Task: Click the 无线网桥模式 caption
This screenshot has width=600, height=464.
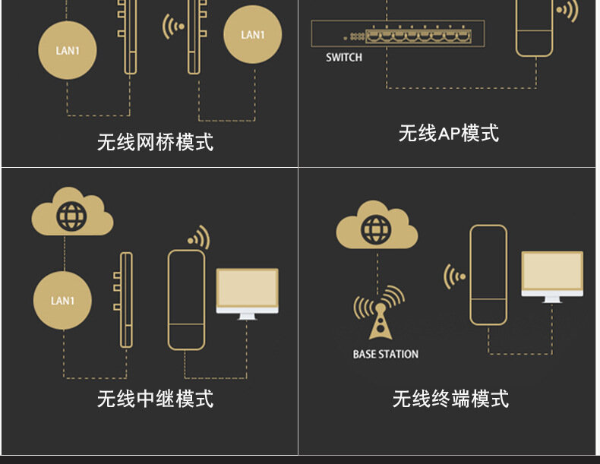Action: [155, 141]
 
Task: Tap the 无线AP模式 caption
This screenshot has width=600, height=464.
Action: [448, 133]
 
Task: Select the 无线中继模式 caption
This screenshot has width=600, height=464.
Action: [155, 398]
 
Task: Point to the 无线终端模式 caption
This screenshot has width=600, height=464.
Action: [450, 398]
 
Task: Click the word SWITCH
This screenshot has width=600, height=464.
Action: [344, 57]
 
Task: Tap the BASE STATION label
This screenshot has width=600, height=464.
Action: [385, 354]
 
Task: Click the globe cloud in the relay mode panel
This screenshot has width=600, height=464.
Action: [72, 214]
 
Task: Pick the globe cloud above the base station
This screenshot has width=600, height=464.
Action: [377, 226]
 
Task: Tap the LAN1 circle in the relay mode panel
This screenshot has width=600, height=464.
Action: [63, 301]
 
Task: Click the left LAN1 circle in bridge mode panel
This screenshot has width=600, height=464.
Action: [67, 51]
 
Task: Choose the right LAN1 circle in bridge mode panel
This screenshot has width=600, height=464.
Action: [252, 35]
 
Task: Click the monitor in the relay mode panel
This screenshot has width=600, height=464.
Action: [247, 292]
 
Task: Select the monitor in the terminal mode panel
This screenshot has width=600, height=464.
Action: [552, 276]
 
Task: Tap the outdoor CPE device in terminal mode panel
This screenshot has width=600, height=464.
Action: [488, 274]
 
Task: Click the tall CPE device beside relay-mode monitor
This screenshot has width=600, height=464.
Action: [186, 299]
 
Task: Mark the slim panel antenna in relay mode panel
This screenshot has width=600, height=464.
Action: [126, 300]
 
